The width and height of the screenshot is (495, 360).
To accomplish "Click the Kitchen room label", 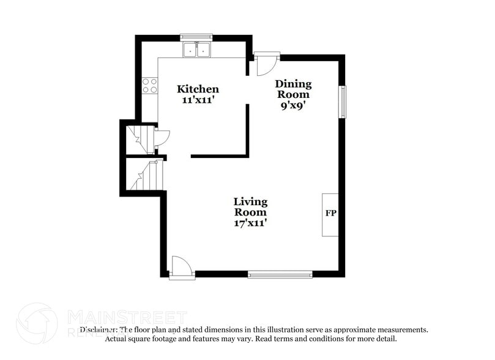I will point(198,89).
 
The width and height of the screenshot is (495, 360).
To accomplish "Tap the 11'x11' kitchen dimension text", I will point(198,100).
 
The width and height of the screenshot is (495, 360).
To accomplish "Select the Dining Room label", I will point(293,89).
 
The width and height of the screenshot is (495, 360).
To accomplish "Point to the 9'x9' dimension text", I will point(292,105).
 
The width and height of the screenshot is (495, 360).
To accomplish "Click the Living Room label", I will point(250,207).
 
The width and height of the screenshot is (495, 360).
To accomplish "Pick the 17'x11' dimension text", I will point(250,223).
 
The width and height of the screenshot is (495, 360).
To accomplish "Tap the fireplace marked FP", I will point(330,214).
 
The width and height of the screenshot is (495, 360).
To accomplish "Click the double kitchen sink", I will point(197,50).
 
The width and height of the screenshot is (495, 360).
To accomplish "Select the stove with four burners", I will point(150,86).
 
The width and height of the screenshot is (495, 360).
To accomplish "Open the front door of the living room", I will point(181,268).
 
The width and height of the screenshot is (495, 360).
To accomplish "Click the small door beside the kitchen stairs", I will point(160,138).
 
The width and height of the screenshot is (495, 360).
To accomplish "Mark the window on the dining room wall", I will point(343,101).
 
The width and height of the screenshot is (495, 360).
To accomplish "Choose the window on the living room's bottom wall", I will point(280,275).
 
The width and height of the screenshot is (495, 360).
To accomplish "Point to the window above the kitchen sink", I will point(196,37).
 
